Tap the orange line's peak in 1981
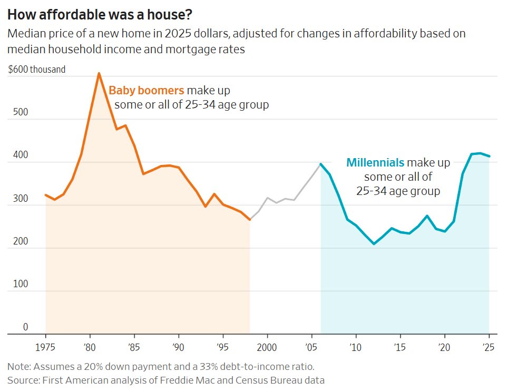(x=99, y=73)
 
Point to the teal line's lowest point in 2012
(x=374, y=244)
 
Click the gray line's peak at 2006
(x=320, y=164)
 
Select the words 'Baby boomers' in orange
(x=146, y=90)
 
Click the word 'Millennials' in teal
(x=375, y=162)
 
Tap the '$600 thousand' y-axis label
(x=37, y=69)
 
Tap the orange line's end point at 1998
(x=249, y=219)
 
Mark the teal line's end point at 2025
(x=489, y=156)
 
